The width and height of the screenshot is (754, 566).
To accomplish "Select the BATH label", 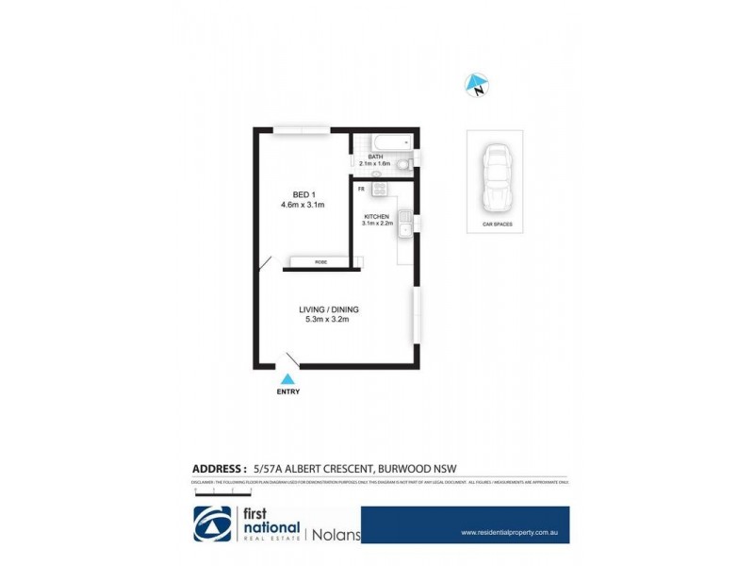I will click(x=375, y=157).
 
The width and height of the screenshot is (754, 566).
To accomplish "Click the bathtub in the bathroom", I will click(x=383, y=142).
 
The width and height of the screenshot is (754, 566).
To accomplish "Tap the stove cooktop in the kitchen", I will click(x=380, y=190).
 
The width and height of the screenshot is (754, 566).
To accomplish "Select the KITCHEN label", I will click(x=377, y=216).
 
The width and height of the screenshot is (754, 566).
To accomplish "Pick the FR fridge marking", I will click(x=360, y=189).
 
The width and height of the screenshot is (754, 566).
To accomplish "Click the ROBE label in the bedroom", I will click(x=321, y=261).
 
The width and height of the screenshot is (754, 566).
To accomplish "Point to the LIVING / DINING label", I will click(x=329, y=309).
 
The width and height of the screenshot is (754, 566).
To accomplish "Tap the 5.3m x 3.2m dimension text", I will click(x=329, y=320).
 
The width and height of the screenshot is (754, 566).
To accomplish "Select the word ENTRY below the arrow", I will click(x=288, y=391).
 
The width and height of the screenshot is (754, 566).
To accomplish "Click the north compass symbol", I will click(x=478, y=86).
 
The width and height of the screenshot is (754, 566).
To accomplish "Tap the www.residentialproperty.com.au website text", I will click(x=511, y=532).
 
